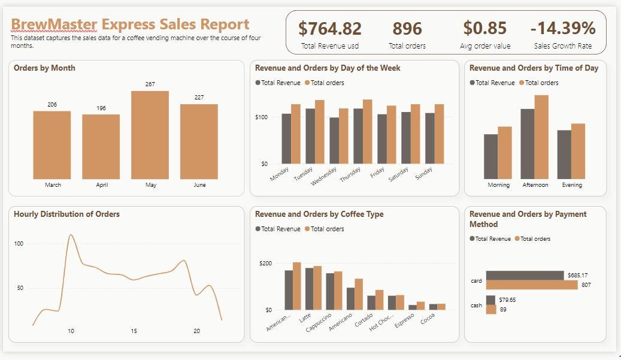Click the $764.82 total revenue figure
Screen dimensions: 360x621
pos(330,28)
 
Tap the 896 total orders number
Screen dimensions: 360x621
pos(407,28)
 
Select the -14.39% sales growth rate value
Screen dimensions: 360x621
pos(563,28)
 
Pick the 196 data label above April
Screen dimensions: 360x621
pos(101,108)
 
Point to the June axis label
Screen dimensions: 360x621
pos(199,185)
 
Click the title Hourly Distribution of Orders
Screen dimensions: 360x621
pos(66,214)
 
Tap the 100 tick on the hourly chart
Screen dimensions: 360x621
pos(19,244)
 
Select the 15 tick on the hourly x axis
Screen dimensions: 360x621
pos(134,331)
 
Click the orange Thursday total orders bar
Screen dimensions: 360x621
pos(368,131)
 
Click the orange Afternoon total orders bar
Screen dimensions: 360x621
pos(541,137)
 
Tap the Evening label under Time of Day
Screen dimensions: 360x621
pos(571,185)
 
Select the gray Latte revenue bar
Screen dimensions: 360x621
pos(309,289)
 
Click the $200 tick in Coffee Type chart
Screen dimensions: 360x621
pos(265,264)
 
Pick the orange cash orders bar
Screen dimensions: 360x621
pos(491,309)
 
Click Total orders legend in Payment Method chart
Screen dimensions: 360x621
pos(535,238)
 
